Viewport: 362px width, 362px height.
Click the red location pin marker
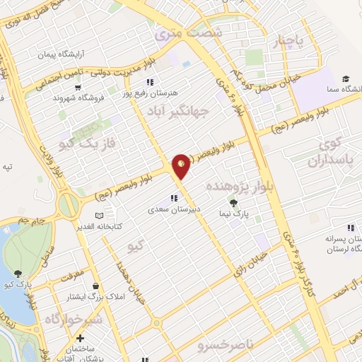(x=182, y=165)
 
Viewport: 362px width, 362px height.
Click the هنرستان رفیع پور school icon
(x=149, y=81)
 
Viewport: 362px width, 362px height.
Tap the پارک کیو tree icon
(x=18, y=274)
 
